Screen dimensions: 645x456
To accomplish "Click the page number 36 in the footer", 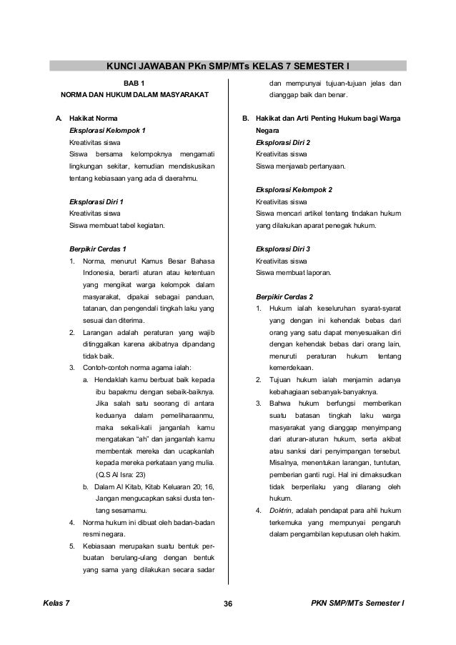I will [x=227, y=605].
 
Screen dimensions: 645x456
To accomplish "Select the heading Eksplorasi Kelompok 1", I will [x=106, y=129].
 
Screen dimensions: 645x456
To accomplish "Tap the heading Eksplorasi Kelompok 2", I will [x=293, y=191].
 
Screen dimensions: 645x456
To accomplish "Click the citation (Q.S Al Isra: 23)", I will [x=120, y=474].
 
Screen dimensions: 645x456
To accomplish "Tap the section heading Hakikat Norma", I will [x=89, y=117].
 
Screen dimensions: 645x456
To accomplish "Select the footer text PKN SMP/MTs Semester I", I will [x=358, y=605].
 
